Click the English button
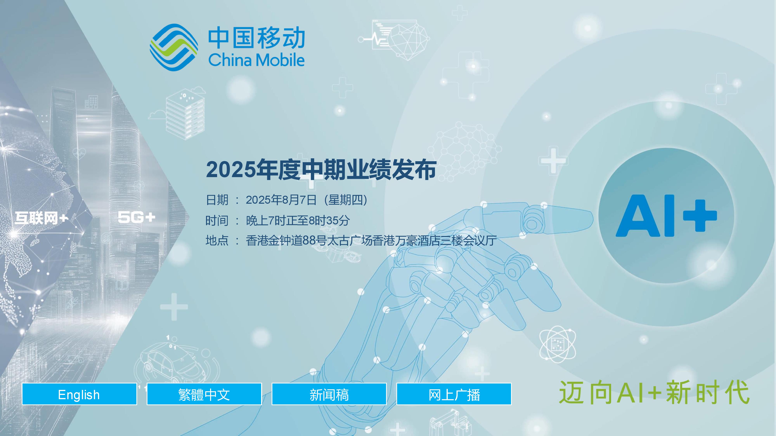click(x=79, y=394)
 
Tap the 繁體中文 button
click(x=204, y=394)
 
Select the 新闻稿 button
click(x=329, y=394)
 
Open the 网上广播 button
click(x=454, y=394)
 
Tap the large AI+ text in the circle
click(x=666, y=215)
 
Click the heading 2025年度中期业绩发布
click(x=321, y=170)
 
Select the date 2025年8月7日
click(x=281, y=200)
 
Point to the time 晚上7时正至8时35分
click(x=298, y=221)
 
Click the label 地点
click(x=217, y=240)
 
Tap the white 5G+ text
click(x=136, y=217)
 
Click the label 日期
click(x=217, y=200)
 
